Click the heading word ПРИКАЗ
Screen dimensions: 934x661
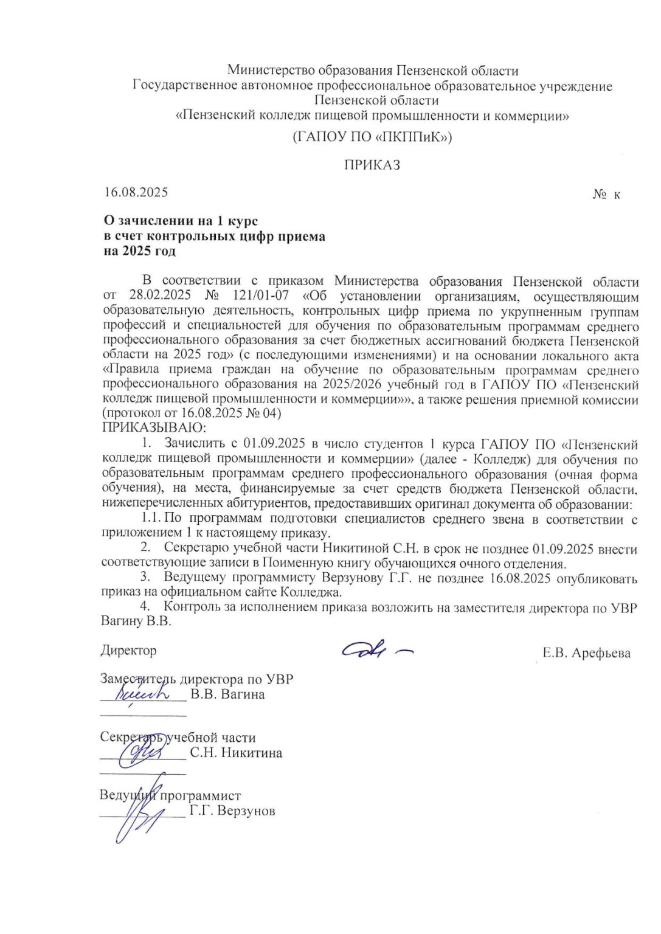click(x=372, y=165)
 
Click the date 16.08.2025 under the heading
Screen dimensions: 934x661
click(x=136, y=192)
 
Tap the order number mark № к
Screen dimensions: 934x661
click(x=606, y=195)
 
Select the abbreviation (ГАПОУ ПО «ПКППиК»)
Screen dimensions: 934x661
click(x=372, y=137)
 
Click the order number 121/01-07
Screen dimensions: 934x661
click(x=261, y=297)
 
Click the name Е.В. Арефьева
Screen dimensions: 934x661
click(x=586, y=653)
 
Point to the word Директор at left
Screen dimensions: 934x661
click(x=129, y=650)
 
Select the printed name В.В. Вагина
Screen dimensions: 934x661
click(x=227, y=694)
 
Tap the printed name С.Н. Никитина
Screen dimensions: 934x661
click(x=236, y=753)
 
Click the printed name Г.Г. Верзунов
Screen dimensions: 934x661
click(x=232, y=811)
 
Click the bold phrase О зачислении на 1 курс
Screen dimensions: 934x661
click(x=181, y=221)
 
